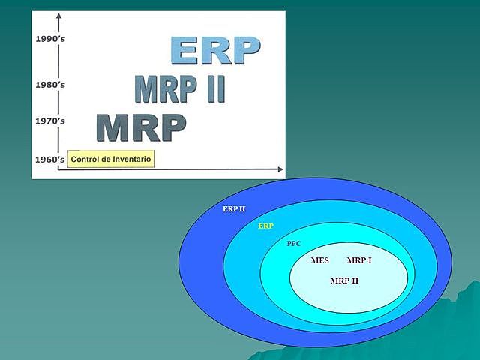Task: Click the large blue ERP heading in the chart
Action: pyautogui.click(x=215, y=50)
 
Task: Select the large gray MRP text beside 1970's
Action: pyautogui.click(x=141, y=128)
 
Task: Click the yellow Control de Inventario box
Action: pyautogui.click(x=111, y=159)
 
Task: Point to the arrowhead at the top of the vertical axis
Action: pyautogui.click(x=58, y=16)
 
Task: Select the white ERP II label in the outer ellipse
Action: pyautogui.click(x=233, y=208)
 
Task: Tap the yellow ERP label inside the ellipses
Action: pyautogui.click(x=265, y=226)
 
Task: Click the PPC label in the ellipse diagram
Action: pyautogui.click(x=295, y=244)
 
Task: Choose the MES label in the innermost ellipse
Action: pyautogui.click(x=319, y=261)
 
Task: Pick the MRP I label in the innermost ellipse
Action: pyautogui.click(x=359, y=261)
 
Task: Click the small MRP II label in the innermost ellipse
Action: pyautogui.click(x=344, y=280)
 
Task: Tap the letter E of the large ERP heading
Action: pyautogui.click(x=186, y=50)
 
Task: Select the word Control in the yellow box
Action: pyautogui.click(x=88, y=159)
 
